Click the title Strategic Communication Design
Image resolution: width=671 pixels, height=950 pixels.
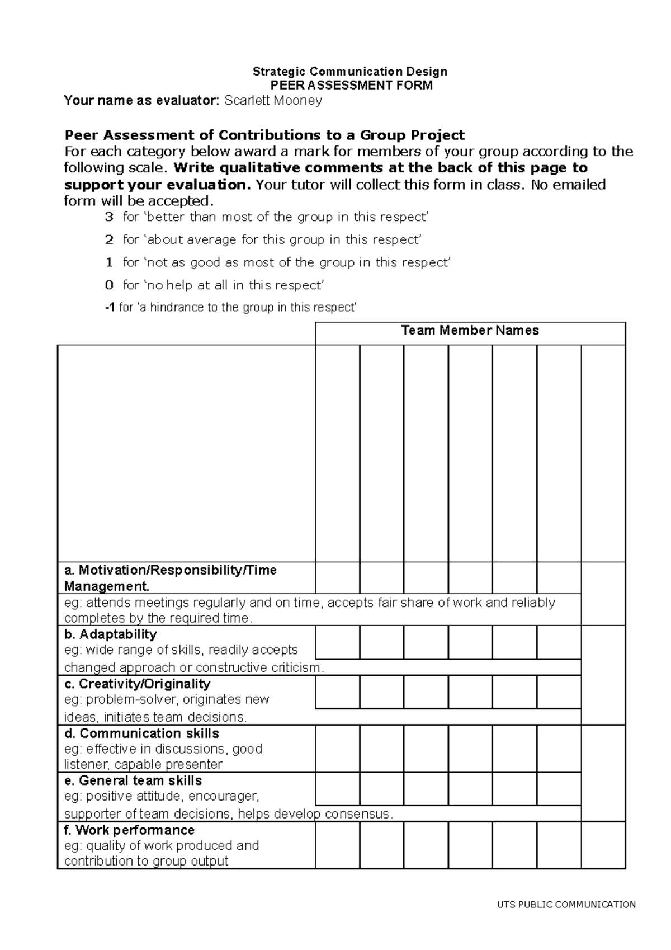coord(350,72)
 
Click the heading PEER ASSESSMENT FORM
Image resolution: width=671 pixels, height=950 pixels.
coord(351,86)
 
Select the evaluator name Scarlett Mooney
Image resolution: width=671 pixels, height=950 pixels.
coord(273,101)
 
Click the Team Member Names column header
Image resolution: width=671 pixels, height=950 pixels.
coord(470,331)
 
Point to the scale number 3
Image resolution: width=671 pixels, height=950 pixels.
coord(109,217)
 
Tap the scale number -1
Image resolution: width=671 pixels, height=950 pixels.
coord(110,308)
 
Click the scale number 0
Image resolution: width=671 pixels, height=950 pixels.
coord(109,285)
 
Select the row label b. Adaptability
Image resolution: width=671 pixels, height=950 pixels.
coord(110,634)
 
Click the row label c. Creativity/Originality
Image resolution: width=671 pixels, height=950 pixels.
coord(137,684)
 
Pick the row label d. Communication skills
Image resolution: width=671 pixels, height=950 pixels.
coord(141,733)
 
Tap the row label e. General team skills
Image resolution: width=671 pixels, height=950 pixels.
coord(133,780)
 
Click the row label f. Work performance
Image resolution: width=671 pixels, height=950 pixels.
coord(129,830)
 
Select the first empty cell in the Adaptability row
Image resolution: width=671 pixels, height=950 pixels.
coord(337,642)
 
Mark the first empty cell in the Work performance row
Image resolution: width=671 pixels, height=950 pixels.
coord(337,845)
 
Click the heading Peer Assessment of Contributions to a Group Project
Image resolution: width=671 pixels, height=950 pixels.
coord(264,135)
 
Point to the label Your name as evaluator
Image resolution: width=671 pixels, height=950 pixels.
coord(142,101)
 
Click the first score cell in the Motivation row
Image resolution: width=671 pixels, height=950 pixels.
coord(337,578)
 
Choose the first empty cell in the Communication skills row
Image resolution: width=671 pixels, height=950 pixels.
coord(337,748)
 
